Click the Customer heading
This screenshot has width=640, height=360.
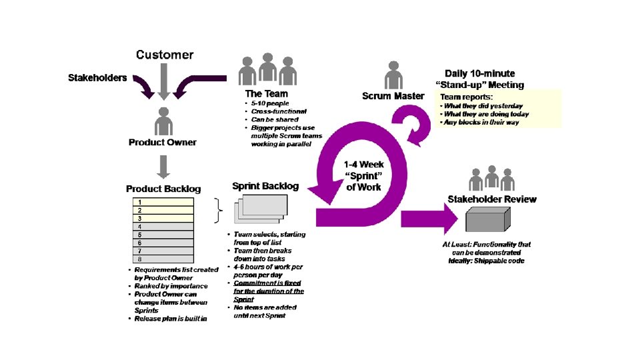coord(165,55)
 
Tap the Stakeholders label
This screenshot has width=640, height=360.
coord(97,78)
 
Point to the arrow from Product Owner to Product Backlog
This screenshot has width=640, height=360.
coord(163,166)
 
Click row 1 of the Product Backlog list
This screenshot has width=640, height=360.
coord(163,201)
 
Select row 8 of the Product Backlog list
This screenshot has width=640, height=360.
coord(163,259)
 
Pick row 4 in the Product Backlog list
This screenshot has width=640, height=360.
coord(163,226)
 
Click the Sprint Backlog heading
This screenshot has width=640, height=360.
coord(265,186)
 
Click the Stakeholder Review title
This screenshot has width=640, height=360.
coord(492,199)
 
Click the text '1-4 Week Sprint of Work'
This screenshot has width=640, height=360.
coord(363,176)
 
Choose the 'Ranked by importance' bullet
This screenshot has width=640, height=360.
coord(171,286)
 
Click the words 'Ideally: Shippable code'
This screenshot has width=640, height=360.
coord(487,261)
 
